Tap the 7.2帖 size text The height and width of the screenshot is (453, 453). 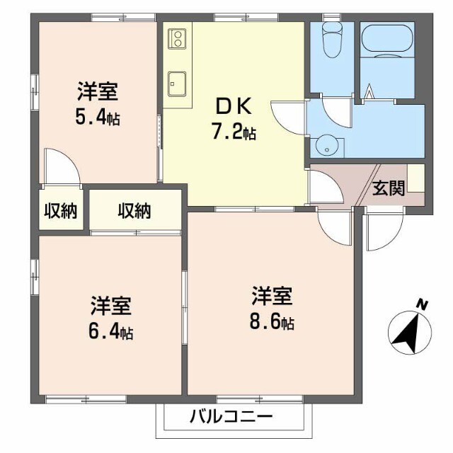pos(234,132)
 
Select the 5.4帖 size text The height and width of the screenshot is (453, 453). pos(97,117)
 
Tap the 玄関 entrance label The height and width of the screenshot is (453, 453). pos(388,188)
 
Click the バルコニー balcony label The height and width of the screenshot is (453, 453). pos(230,416)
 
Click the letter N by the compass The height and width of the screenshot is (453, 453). pos(422,305)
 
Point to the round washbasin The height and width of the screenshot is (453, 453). pos(326,147)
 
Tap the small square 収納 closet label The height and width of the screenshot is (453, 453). pos(61,210)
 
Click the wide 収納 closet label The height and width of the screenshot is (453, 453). pos(134,210)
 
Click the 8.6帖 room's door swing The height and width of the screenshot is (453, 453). pos(335,226)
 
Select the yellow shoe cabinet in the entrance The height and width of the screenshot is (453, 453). pos(415,178)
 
